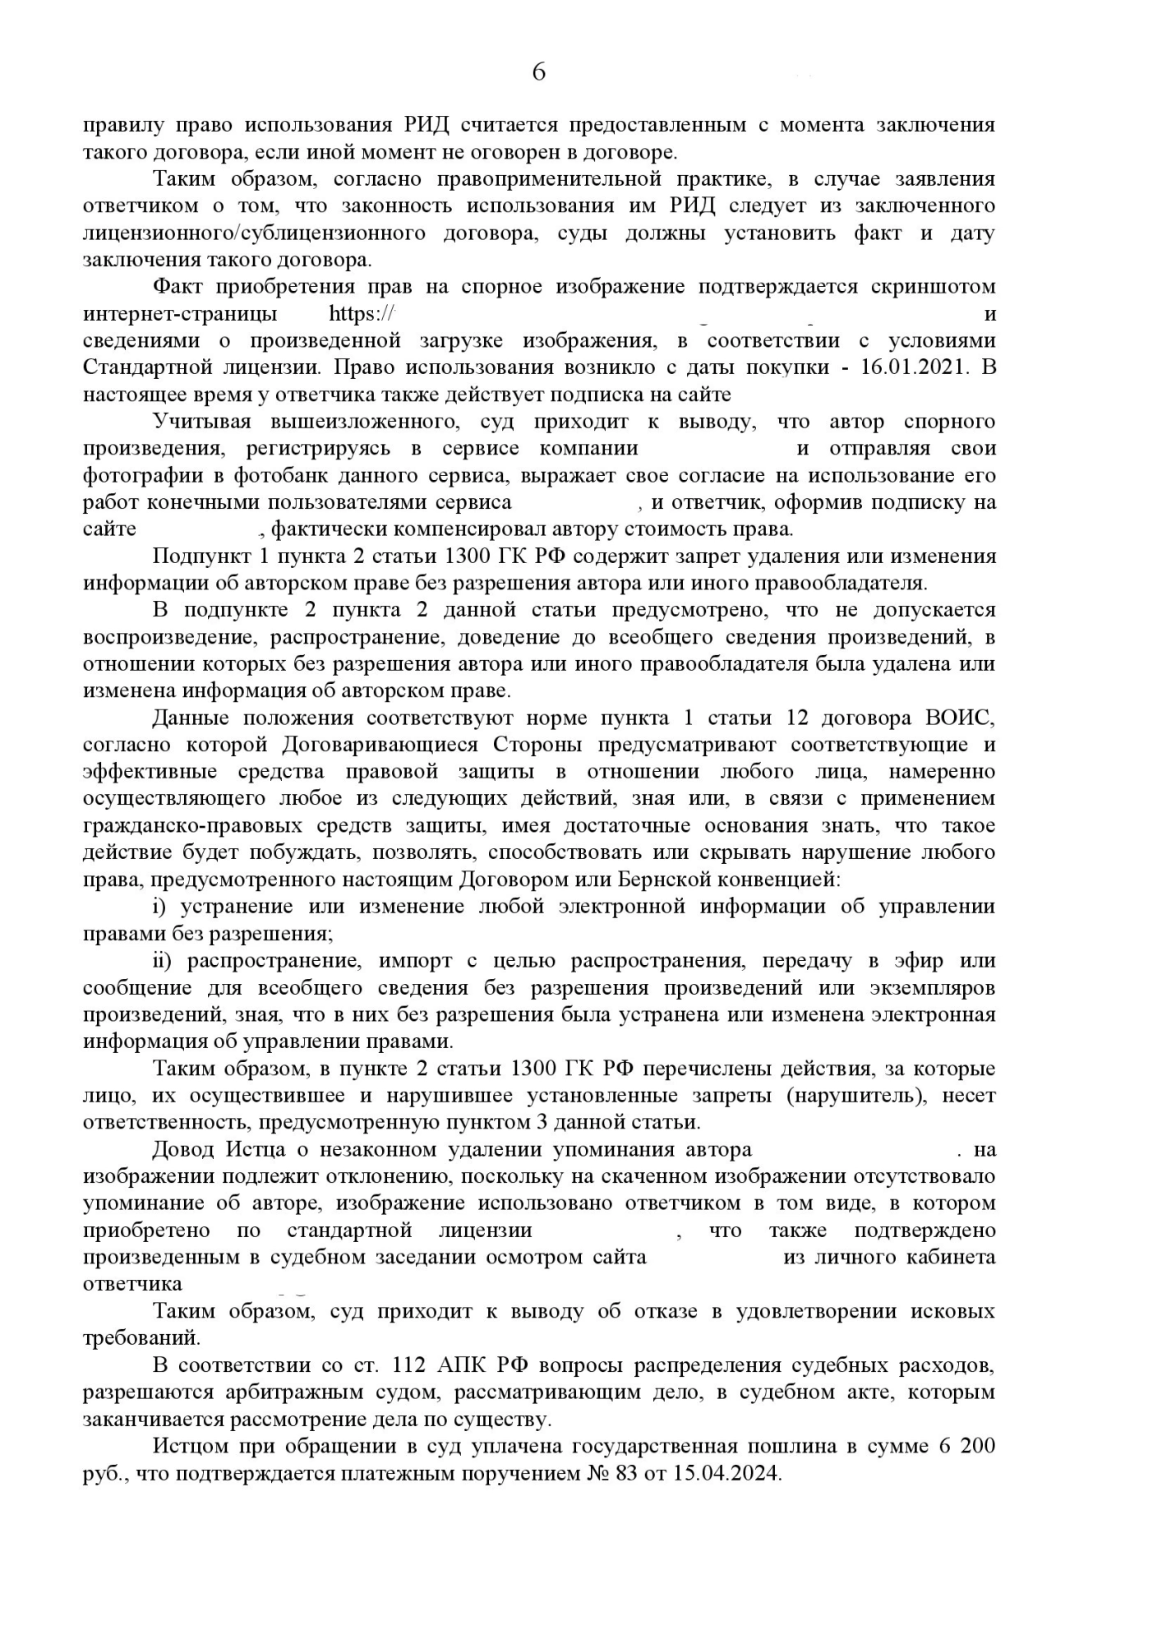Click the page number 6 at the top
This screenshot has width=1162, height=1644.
tap(539, 73)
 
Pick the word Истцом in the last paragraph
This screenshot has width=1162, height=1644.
tap(191, 1447)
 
